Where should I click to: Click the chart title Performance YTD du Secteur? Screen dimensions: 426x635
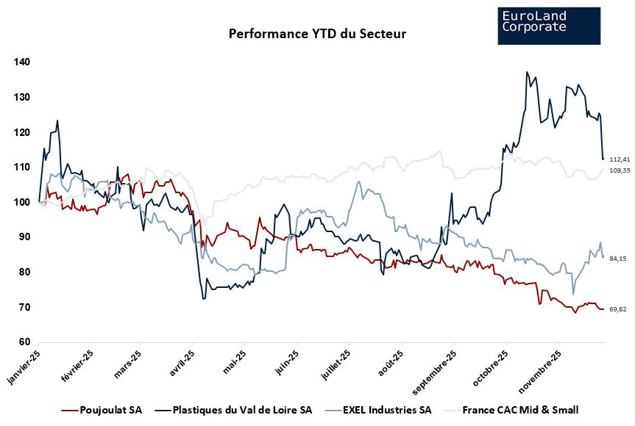coord(317,34)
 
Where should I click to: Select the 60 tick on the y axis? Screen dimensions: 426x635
coord(25,342)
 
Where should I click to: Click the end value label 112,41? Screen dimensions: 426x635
coord(620,159)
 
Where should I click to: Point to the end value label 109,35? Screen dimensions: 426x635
coord(620,170)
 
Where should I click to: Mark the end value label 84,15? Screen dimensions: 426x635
coord(619,259)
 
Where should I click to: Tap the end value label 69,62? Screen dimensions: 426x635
coord(619,309)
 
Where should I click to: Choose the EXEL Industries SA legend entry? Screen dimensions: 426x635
coord(380,410)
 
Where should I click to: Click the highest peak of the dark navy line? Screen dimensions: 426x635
coord(527,72)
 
